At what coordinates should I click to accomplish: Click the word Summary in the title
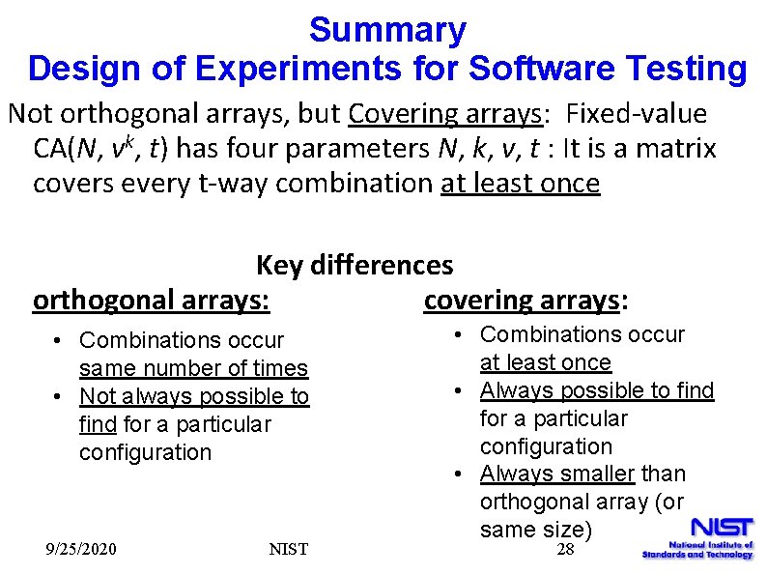pyautogui.click(x=387, y=30)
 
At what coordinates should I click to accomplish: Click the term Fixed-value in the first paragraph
pyautogui.click(x=637, y=114)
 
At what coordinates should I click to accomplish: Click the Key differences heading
pyautogui.click(x=355, y=265)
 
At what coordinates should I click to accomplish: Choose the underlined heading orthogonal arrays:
pyautogui.click(x=151, y=301)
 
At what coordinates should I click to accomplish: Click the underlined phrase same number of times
pyautogui.click(x=193, y=368)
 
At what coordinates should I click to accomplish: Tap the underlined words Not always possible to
pyautogui.click(x=194, y=396)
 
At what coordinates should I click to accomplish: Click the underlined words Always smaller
pyautogui.click(x=557, y=474)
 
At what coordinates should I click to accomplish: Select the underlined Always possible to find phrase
pyautogui.click(x=597, y=390)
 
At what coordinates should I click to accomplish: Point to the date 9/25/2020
pyautogui.click(x=82, y=549)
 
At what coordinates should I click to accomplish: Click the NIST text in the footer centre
pyautogui.click(x=289, y=549)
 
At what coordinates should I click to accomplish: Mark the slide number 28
pyautogui.click(x=566, y=549)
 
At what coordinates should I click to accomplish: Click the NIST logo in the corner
pyautogui.click(x=697, y=537)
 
